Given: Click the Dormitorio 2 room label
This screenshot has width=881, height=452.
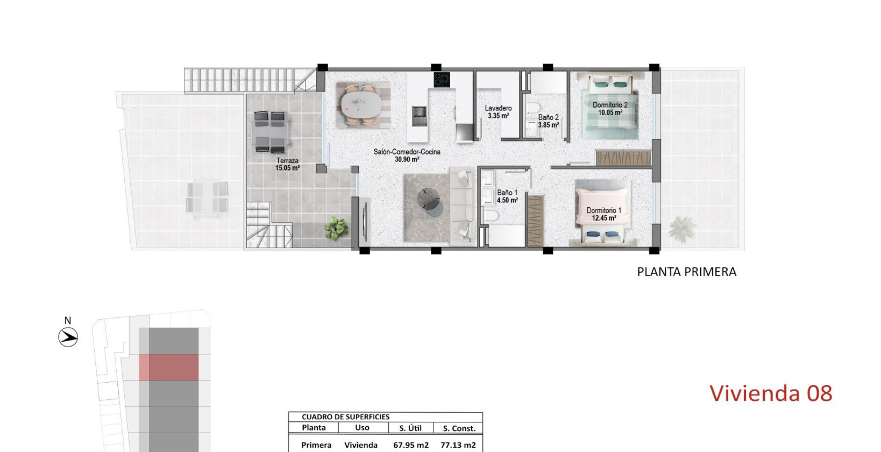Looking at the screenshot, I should click(610, 105).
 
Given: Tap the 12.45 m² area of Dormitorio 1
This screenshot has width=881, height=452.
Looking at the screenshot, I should click(604, 218).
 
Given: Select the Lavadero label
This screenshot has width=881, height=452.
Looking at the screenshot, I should click(498, 108).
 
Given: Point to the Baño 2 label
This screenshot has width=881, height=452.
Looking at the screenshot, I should click(548, 117).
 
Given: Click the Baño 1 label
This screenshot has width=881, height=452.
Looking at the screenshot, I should click(507, 193).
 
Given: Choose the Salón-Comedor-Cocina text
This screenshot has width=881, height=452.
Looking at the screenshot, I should click(407, 152).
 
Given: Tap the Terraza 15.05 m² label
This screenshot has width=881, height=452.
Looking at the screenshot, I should click(287, 164).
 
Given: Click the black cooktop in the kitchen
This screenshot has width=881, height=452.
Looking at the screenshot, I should click(442, 80).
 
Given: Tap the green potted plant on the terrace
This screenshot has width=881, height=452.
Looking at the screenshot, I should click(337, 228).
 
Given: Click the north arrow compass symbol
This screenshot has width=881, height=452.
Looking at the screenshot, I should click(68, 337).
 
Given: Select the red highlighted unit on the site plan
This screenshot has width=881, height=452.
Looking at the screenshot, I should click(169, 367).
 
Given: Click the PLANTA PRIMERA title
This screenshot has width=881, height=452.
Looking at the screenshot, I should click(686, 272).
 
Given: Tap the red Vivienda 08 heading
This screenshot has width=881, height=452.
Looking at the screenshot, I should click(770, 393).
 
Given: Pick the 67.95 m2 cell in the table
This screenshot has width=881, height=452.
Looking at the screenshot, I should click(411, 445).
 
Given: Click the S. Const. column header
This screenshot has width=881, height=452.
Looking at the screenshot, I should click(459, 428).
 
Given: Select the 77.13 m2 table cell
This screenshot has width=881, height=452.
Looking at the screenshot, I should click(458, 445).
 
